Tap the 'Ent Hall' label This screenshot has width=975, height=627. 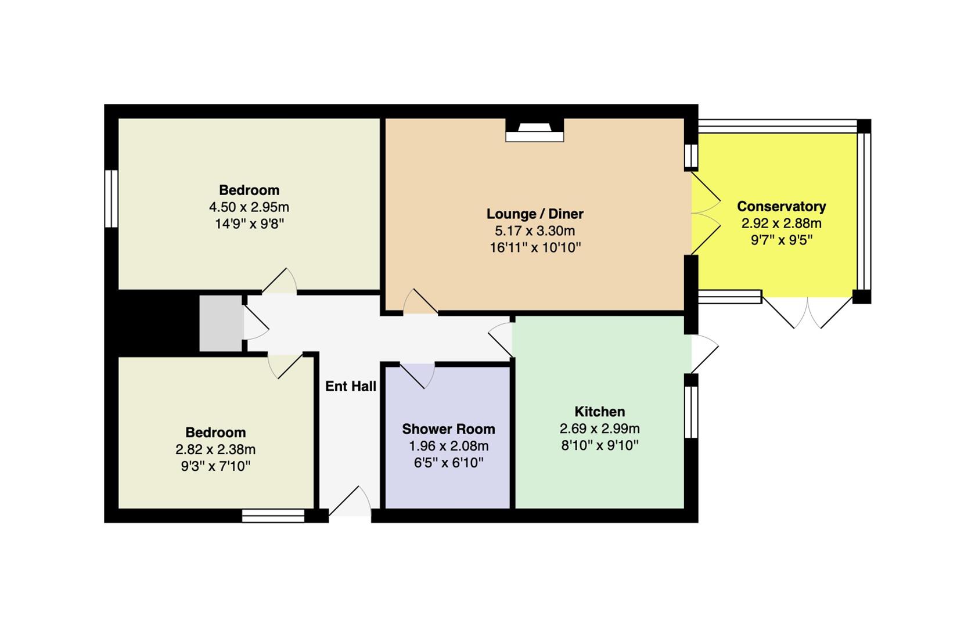(x=351, y=387)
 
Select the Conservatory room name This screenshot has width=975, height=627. (x=782, y=206)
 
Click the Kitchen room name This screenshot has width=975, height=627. (x=600, y=412)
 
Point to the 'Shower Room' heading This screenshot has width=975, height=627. (x=449, y=429)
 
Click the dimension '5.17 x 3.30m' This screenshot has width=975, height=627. (x=535, y=230)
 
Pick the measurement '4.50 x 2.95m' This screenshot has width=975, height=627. (x=249, y=207)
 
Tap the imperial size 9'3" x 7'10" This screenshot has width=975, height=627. (x=216, y=466)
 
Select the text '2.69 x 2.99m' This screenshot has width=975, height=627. (x=600, y=429)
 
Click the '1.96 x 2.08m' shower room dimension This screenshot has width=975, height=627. (x=449, y=446)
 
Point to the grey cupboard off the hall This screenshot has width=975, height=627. (x=221, y=323)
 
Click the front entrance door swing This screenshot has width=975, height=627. (x=350, y=501)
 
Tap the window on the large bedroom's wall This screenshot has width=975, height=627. (x=111, y=199)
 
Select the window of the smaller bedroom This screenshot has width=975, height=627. (x=273, y=516)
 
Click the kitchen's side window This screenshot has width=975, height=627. (x=691, y=412)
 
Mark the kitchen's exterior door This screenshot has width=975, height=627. (x=705, y=354)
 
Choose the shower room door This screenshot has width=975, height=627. (x=417, y=375)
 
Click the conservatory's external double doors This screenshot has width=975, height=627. (x=807, y=312)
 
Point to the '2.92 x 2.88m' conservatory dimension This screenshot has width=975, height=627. (x=782, y=224)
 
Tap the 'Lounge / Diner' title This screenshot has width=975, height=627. (x=535, y=214)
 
